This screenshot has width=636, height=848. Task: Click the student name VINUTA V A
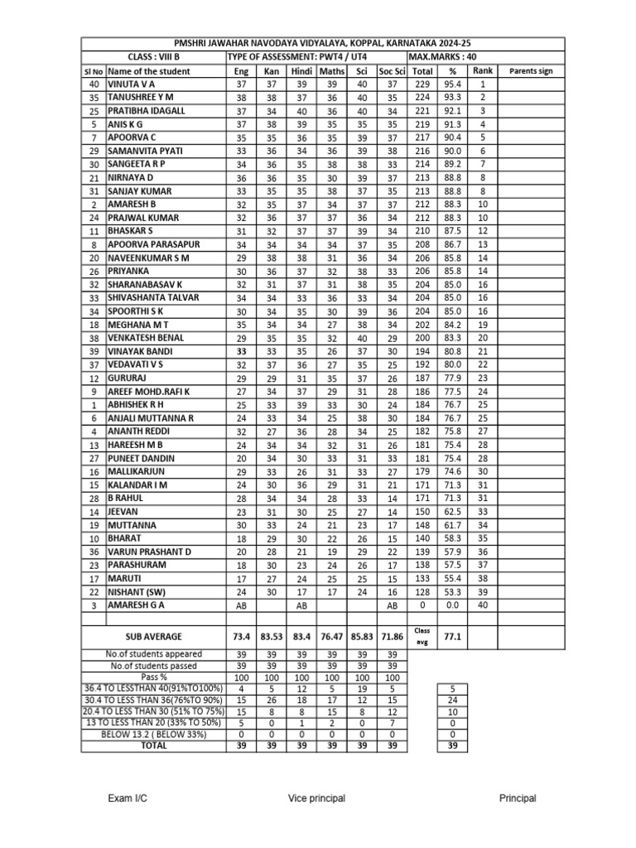131,84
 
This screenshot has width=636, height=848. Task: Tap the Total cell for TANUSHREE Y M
422,98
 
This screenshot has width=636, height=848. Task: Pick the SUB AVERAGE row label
153,636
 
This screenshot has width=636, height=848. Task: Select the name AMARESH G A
137,605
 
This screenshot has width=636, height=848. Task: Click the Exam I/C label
128,798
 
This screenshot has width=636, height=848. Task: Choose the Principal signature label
518,798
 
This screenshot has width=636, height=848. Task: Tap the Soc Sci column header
392,71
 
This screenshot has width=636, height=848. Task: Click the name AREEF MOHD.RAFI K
149,391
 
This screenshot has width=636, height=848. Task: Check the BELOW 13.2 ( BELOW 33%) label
153,734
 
